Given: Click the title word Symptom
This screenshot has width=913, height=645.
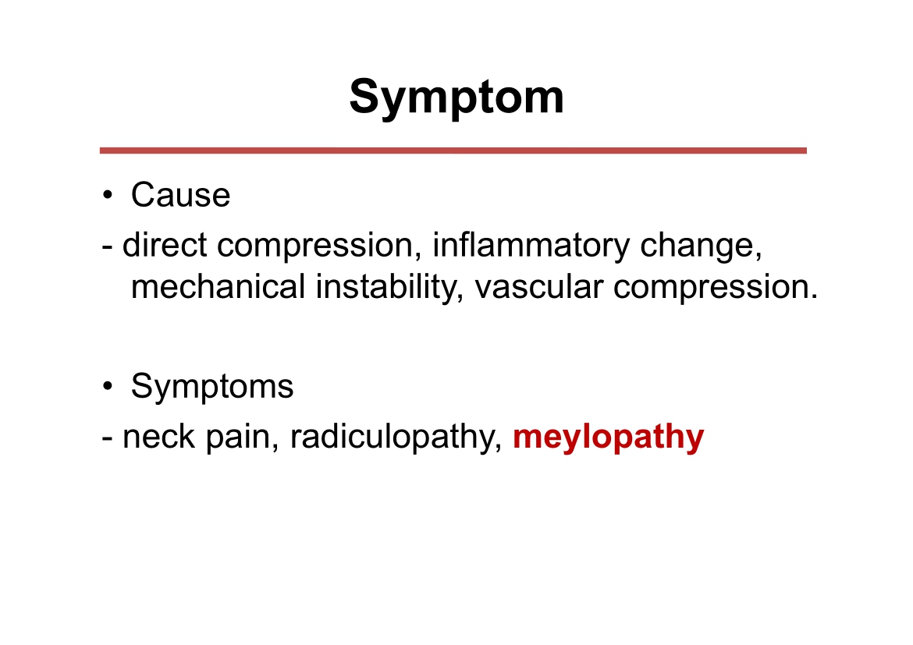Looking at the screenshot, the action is (456, 97).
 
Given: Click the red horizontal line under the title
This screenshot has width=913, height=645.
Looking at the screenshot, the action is (453, 151).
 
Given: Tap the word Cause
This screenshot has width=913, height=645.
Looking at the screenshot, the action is (180, 194).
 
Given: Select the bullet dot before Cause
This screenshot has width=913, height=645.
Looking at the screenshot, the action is (107, 196).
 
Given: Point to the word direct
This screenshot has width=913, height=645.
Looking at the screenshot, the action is (165, 244).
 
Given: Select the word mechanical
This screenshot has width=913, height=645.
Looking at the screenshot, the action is (218, 287).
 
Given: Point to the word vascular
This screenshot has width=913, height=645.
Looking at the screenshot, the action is (539, 287).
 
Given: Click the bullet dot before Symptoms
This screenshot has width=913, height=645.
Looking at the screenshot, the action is (107, 387).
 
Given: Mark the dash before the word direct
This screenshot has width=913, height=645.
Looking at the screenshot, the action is (107, 246).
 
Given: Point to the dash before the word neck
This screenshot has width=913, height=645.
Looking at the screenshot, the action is (107, 438).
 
